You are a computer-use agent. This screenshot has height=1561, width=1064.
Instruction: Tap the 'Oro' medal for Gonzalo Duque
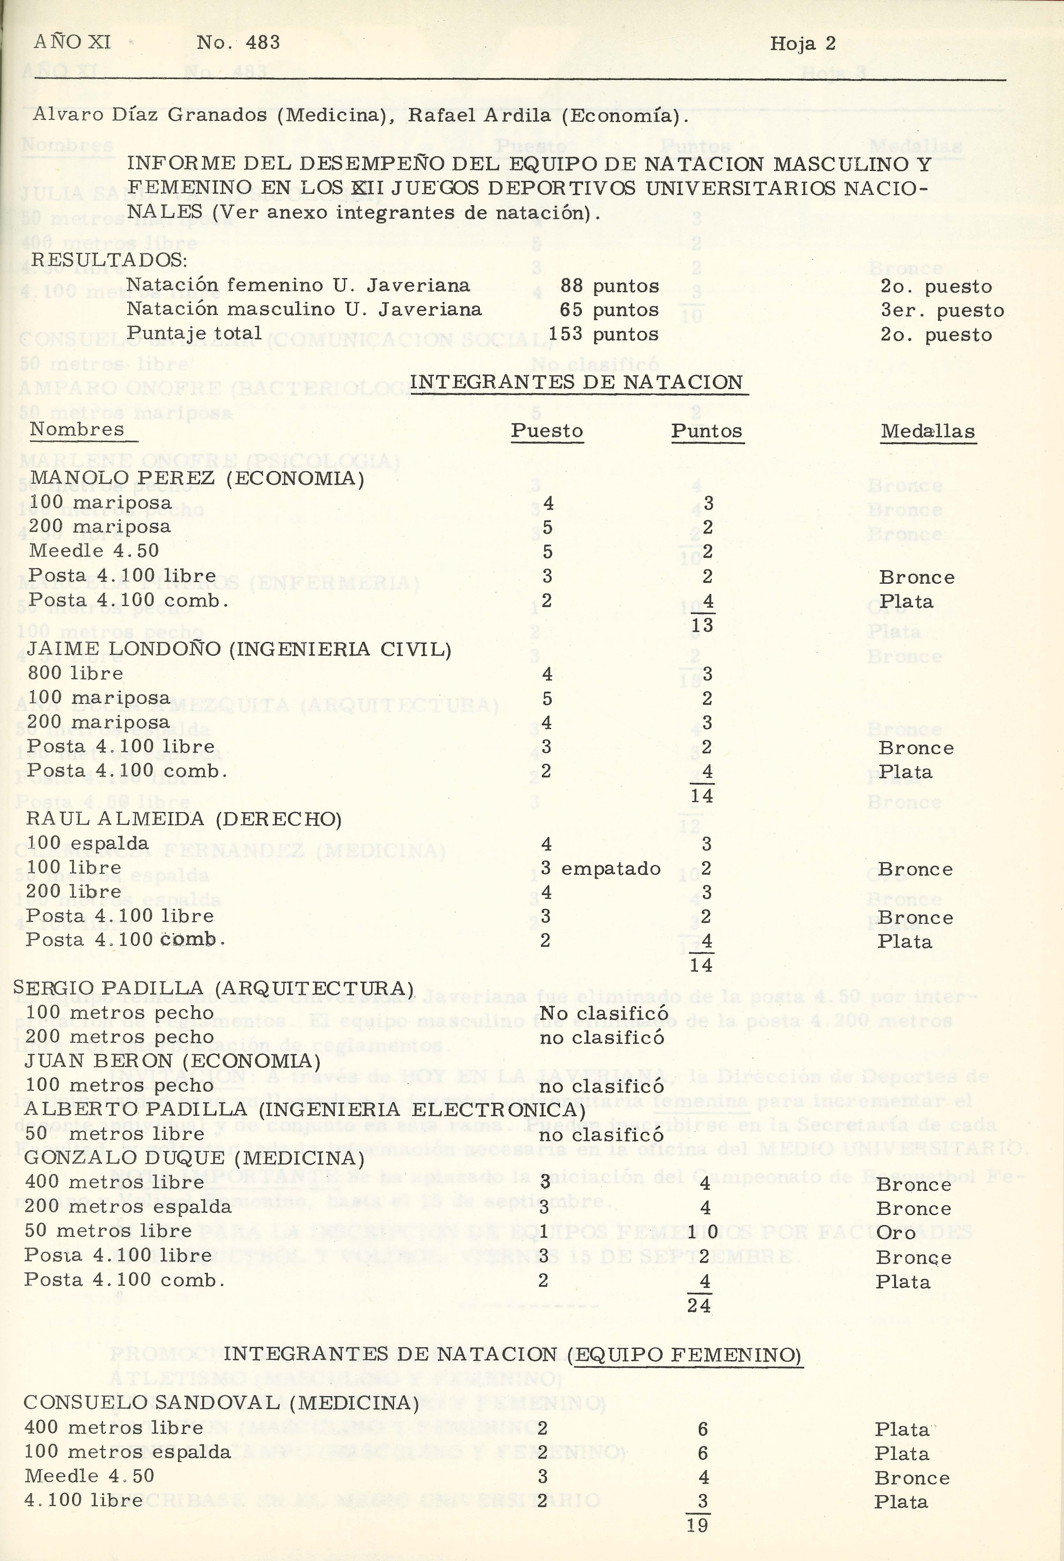(896, 1233)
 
